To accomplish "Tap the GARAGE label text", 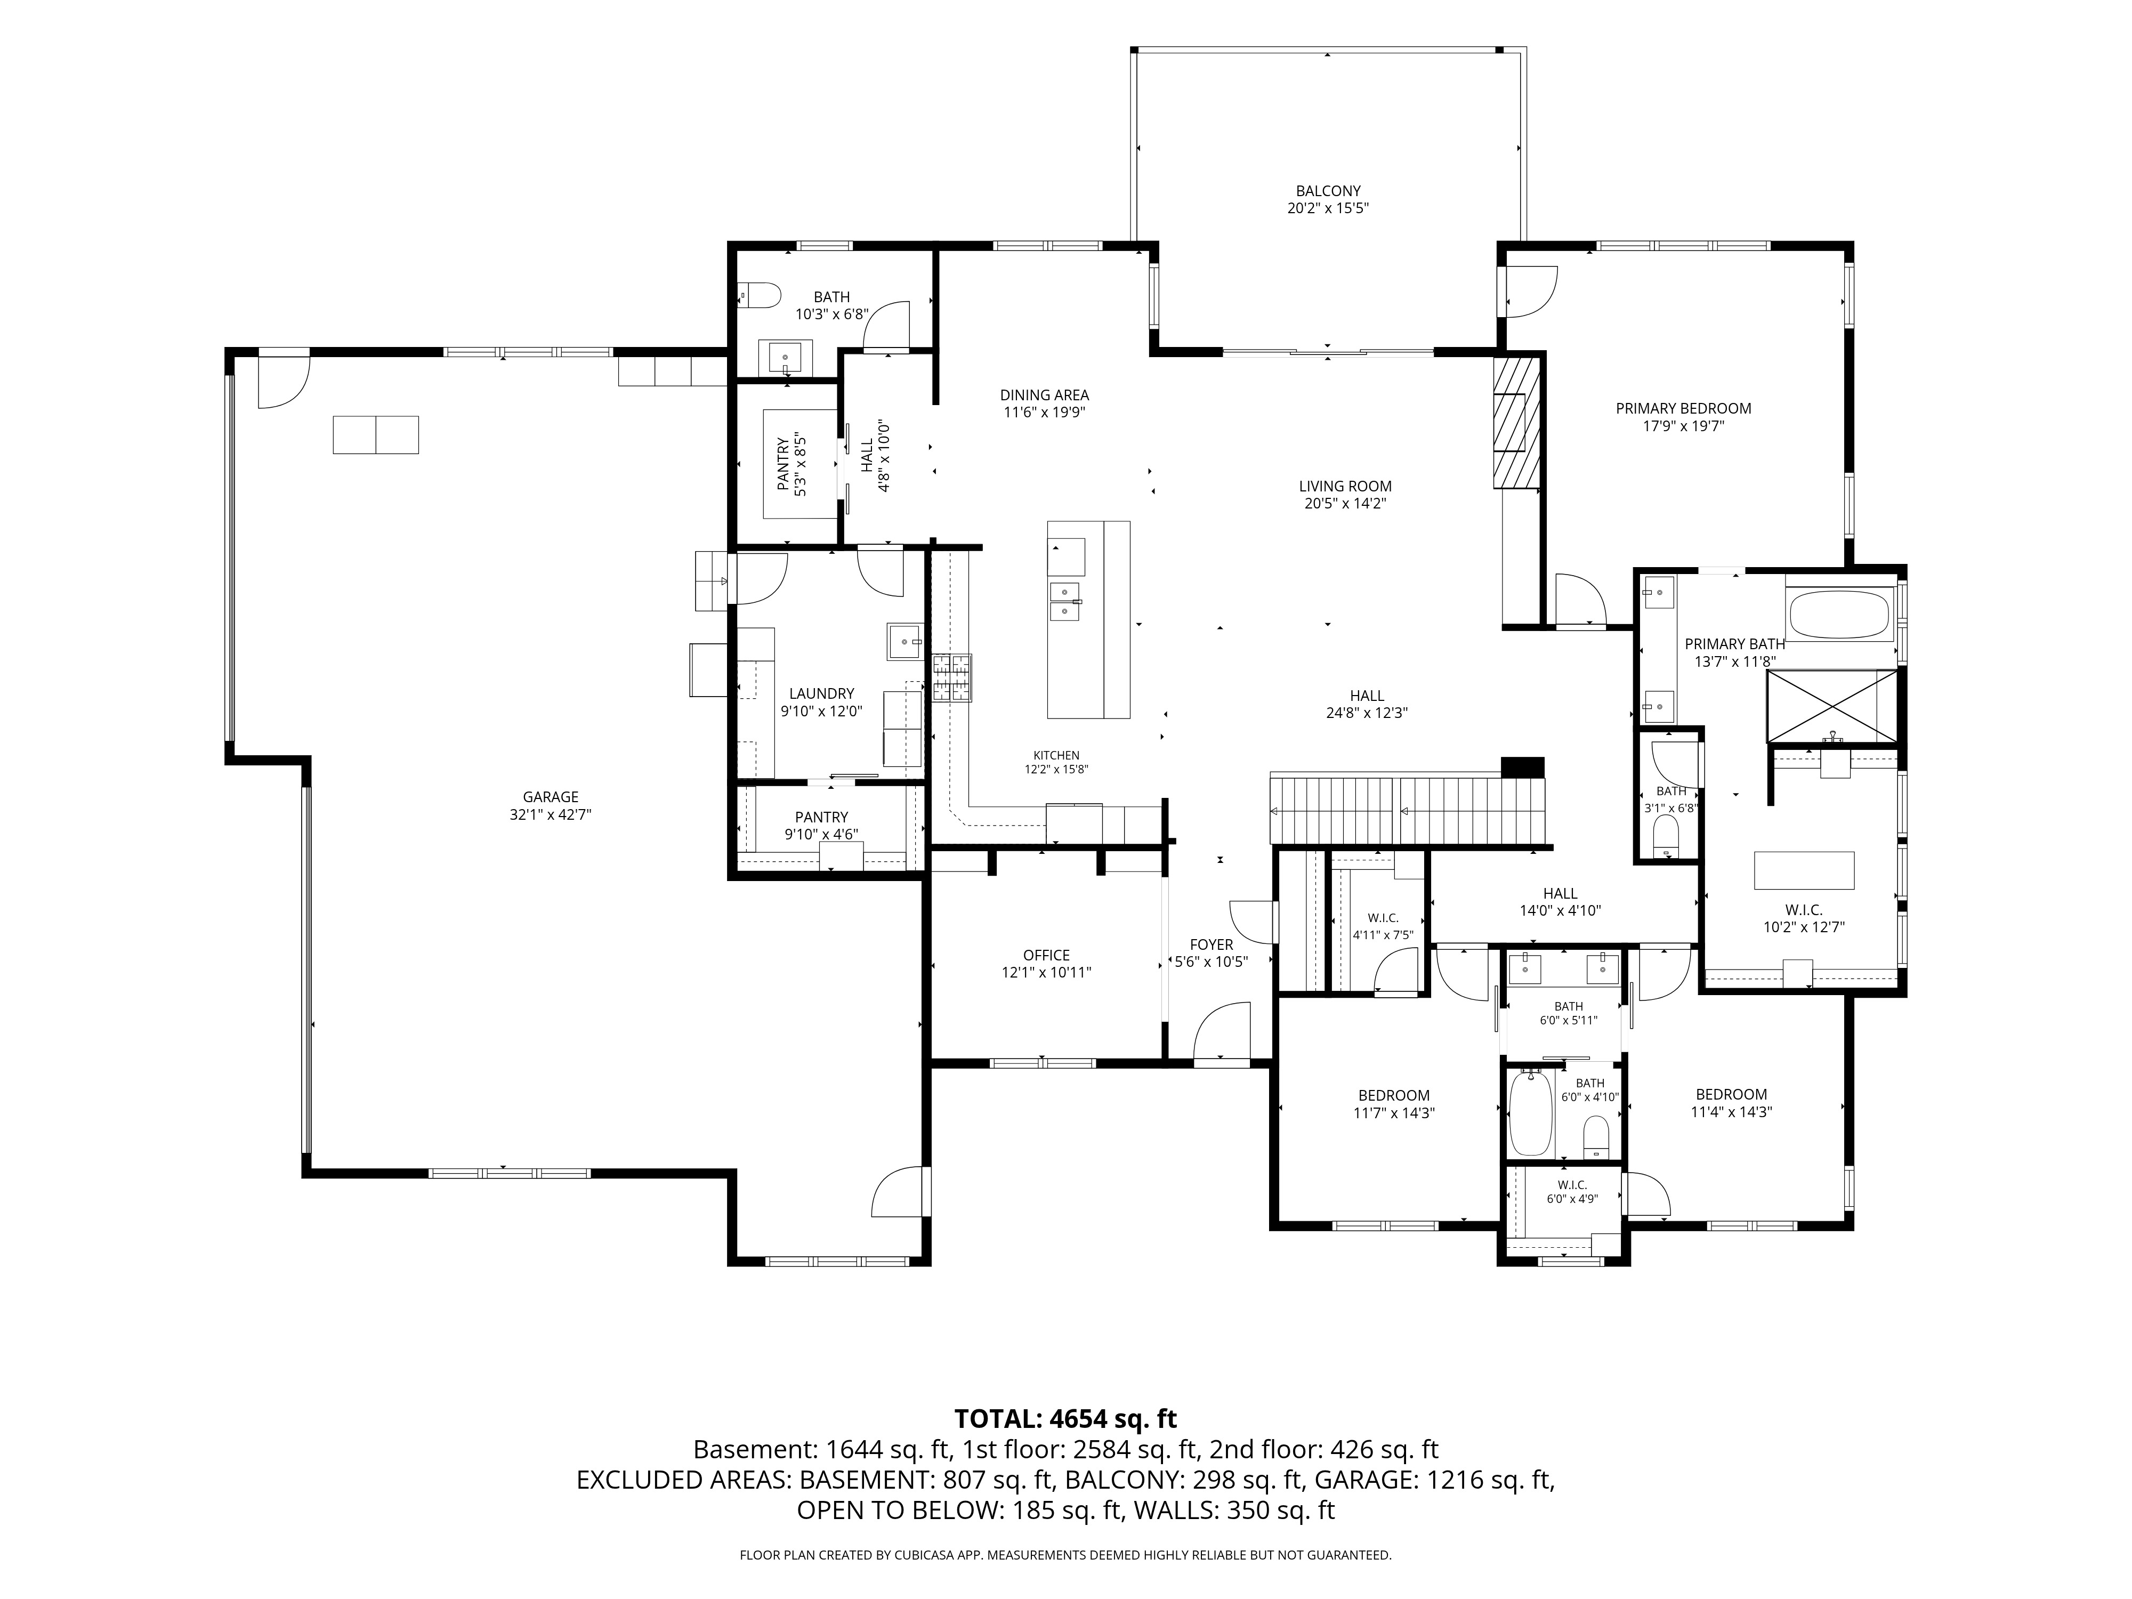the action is tap(551, 796).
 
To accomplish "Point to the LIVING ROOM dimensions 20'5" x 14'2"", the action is tap(1345, 503).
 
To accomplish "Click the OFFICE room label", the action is tap(1047, 955).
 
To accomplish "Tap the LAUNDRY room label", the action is tap(821, 693).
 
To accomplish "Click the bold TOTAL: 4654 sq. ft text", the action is tap(1065, 1418).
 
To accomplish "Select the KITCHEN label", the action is tap(1056, 755).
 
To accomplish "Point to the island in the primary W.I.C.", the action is tap(1803, 869).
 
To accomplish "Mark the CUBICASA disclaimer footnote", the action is tap(1065, 1555).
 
